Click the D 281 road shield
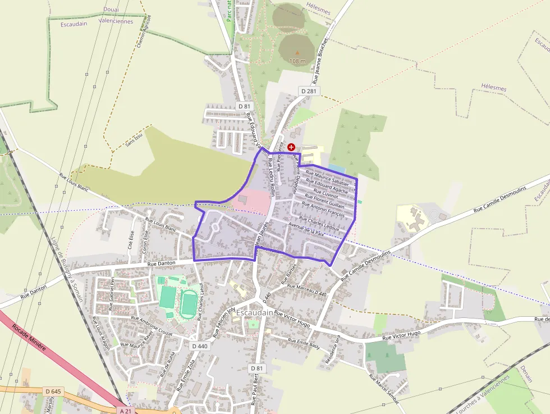click(x=309, y=91)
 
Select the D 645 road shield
click(x=53, y=391)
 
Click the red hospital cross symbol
click(x=291, y=147)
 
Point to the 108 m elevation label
click(x=297, y=61)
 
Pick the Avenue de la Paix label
click(x=306, y=230)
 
